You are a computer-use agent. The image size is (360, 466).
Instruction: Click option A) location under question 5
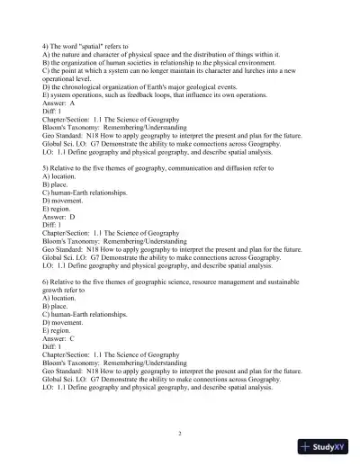click(x=62, y=175)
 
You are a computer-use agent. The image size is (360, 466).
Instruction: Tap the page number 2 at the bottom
click(x=180, y=433)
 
